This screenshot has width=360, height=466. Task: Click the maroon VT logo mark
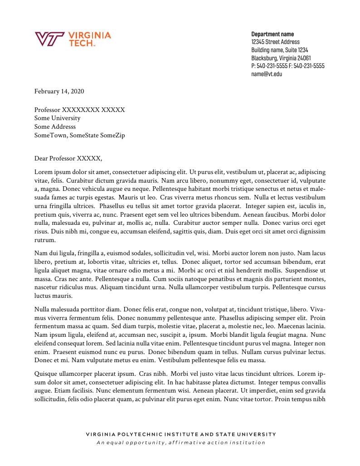coord(49,39)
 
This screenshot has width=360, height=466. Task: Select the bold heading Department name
coord(272,34)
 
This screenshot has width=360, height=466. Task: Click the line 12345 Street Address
coord(275,42)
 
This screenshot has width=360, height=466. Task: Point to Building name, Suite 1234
coord(279,50)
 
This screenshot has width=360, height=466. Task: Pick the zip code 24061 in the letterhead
coord(303,58)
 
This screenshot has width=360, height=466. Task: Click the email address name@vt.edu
coord(267,74)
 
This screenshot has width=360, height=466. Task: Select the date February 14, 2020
coord(59,92)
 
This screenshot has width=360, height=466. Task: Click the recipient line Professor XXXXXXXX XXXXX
coord(79,110)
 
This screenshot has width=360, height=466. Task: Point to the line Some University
coord(57,118)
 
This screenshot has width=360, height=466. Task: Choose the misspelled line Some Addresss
coord(55,127)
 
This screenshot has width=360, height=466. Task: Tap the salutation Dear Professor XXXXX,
coord(68,158)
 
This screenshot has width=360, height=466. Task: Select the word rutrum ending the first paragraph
coord(44,240)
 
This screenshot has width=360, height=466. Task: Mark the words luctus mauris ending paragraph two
coord(53,296)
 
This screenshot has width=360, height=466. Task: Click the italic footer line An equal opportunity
coord(180,443)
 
